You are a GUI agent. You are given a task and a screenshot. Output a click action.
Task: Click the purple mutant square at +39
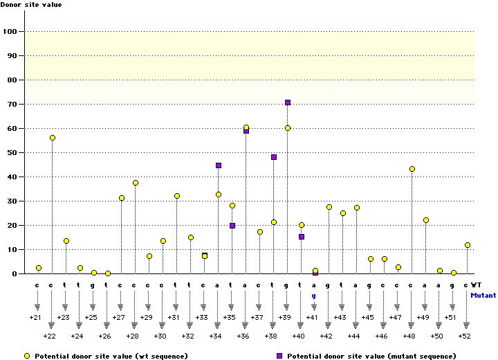click(x=288, y=102)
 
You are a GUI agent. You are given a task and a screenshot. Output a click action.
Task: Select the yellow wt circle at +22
click(x=53, y=138)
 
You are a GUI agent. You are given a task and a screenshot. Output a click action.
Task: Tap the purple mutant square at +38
click(x=274, y=157)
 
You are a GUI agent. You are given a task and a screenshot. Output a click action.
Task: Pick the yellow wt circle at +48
click(x=412, y=169)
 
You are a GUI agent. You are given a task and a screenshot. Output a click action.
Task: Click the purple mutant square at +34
click(x=219, y=165)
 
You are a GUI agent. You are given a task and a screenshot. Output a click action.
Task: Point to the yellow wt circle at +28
click(x=136, y=183)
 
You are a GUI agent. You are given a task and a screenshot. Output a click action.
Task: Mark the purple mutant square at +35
click(x=232, y=226)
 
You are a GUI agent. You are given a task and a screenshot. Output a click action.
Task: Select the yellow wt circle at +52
click(x=467, y=245)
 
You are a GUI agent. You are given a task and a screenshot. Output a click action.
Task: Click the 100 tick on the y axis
click(x=22, y=31)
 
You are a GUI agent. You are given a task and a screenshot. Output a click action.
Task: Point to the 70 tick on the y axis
click(x=22, y=104)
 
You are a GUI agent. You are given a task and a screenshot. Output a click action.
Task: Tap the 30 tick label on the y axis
click(x=12, y=201)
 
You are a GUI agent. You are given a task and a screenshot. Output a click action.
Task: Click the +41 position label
click(x=312, y=317)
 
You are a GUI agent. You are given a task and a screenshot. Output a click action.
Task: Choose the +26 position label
click(x=104, y=336)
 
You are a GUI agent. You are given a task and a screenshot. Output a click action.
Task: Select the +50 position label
click(x=436, y=336)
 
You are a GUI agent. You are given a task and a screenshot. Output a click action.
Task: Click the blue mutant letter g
click(x=314, y=296)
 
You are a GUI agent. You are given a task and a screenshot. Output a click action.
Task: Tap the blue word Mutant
click(x=483, y=295)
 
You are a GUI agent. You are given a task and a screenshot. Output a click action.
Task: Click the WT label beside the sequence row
click(x=476, y=285)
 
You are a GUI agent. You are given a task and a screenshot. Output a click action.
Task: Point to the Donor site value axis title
click(x=31, y=4)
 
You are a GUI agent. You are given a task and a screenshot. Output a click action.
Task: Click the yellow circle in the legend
click(x=27, y=356)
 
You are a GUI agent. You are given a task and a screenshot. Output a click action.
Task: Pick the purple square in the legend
click(x=279, y=356)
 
